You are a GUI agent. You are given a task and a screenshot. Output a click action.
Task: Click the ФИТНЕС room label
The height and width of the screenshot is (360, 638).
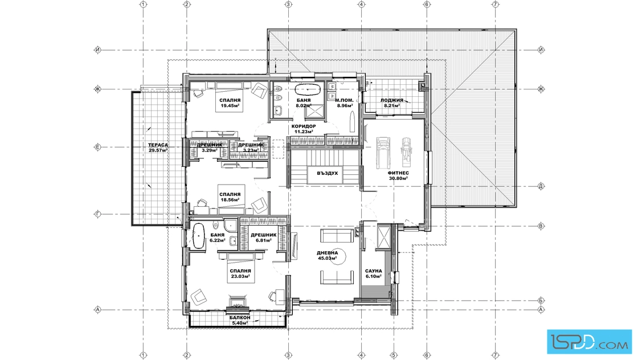pyautogui.click(x=398, y=173)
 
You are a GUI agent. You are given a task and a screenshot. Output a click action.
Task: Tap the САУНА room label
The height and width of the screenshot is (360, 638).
pyautogui.click(x=374, y=271)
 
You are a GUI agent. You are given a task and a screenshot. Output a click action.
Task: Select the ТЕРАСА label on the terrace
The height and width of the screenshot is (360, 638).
pyautogui.click(x=158, y=145)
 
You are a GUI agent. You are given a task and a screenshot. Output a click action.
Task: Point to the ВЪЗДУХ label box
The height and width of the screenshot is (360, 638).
pyautogui.click(x=328, y=173)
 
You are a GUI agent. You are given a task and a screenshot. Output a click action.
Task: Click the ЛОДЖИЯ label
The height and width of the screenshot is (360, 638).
pyautogui.click(x=392, y=100)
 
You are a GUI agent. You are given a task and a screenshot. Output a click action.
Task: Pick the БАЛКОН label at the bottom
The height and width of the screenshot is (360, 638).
pyautogui.click(x=240, y=318)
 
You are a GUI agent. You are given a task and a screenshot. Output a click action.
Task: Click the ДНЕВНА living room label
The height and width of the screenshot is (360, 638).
pyautogui.click(x=328, y=253)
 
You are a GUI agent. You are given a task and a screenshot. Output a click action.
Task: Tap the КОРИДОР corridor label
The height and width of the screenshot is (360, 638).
pyautogui.click(x=304, y=126)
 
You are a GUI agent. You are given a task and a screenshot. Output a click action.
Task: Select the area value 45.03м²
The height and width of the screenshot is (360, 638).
pyautogui.click(x=328, y=258)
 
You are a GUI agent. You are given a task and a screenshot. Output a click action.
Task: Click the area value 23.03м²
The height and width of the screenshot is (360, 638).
pyautogui.click(x=240, y=276)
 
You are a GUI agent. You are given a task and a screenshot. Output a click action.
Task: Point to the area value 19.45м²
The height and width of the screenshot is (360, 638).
pyautogui.click(x=230, y=105)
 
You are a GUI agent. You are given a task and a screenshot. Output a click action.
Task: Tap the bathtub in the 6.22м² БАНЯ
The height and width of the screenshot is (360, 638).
pyautogui.click(x=198, y=236)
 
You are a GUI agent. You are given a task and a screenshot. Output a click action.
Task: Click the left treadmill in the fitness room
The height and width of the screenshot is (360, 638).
pyautogui.click(x=382, y=153)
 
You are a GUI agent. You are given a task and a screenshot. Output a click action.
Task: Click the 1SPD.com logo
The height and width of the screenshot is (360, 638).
pyautogui.click(x=590, y=342)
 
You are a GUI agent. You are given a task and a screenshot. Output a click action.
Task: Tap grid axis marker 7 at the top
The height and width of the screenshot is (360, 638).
pyautogui.click(x=495, y=5)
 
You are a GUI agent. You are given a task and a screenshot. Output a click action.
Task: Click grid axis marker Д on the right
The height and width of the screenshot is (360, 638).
pyautogui.click(x=541, y=187)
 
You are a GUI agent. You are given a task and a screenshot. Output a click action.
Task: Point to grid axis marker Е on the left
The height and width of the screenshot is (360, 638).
pyautogui.click(x=97, y=148)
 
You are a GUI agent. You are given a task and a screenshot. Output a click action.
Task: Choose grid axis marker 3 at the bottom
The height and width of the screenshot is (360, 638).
pyautogui.click(x=288, y=355)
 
